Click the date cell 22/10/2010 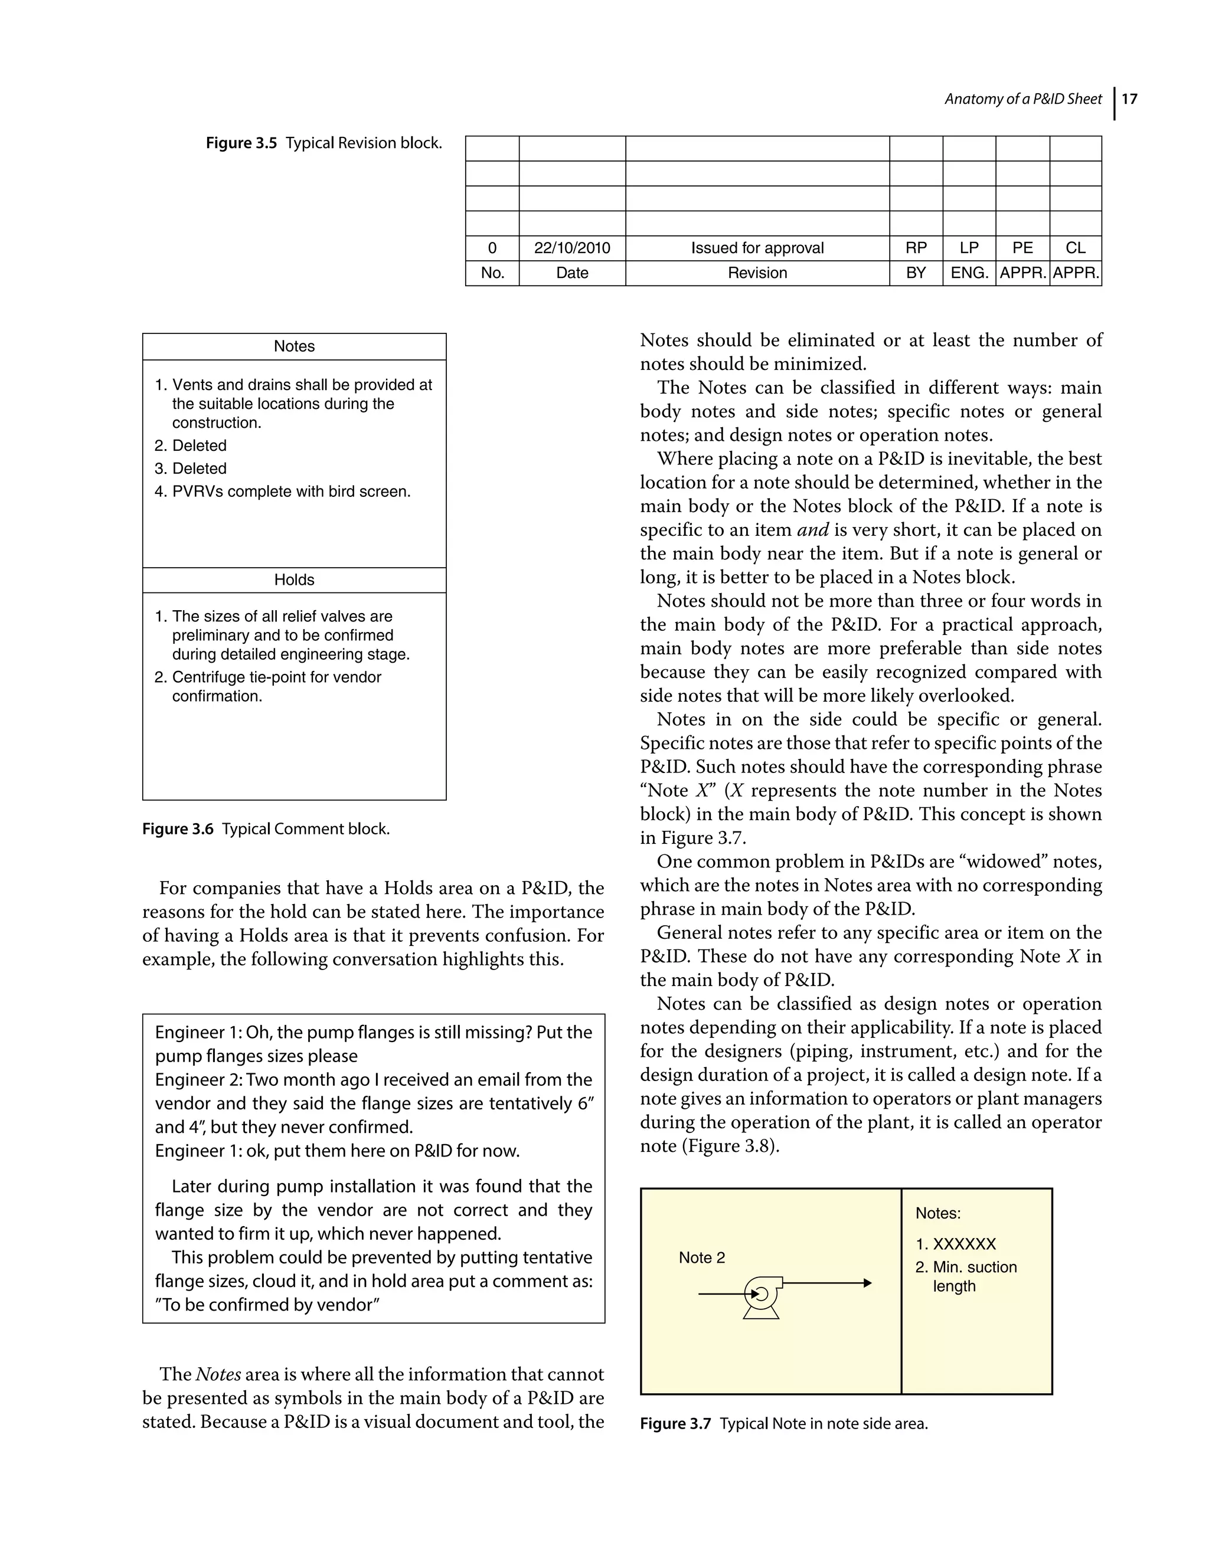coord(571,248)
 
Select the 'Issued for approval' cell coord(757,248)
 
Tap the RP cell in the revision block coord(916,248)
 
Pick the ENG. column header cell coord(969,273)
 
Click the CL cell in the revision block coord(1075,248)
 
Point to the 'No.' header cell coord(492,273)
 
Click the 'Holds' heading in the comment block coord(294,579)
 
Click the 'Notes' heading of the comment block coord(294,346)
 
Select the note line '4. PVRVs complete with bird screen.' coord(283,492)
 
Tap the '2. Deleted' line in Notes coord(191,446)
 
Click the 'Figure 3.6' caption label coord(178,829)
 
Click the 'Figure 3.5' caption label coord(241,143)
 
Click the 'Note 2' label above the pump coord(701,1257)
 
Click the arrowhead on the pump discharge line coord(867,1283)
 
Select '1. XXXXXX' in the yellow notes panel coord(955,1244)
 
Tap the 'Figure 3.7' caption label coord(675,1423)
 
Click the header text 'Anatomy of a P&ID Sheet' coord(1022,99)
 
